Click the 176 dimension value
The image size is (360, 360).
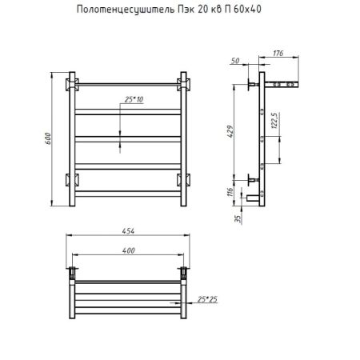pyautogui.click(x=278, y=54)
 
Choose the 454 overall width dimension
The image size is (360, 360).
pyautogui.click(x=129, y=231)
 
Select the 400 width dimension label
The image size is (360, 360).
pyautogui.click(x=129, y=251)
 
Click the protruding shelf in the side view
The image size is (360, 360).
pyautogui.click(x=286, y=82)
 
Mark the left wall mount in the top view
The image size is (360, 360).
pyautogui.click(x=73, y=271)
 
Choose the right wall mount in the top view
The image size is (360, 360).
pyautogui.click(x=185, y=271)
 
